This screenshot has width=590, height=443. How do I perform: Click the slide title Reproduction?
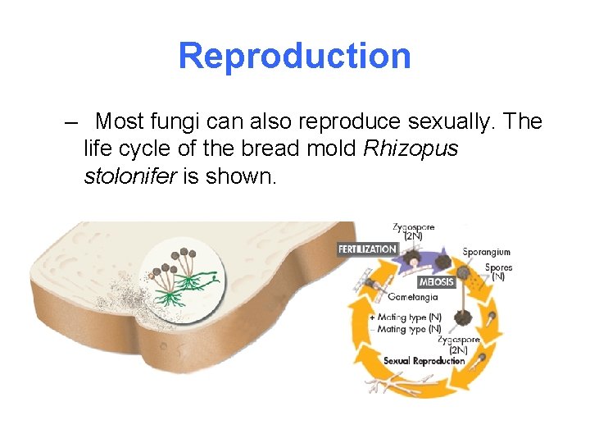point(294,56)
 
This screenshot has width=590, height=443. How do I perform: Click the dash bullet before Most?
point(70,122)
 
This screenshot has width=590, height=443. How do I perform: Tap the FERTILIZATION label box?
point(368,249)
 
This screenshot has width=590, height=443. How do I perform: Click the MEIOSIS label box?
point(437,282)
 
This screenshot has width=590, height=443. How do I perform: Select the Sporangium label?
point(486,252)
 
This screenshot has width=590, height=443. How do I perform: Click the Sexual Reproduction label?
point(424,360)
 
